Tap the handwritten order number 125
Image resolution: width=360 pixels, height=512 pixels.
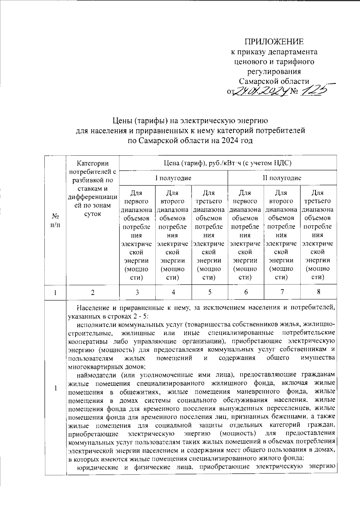(314, 90)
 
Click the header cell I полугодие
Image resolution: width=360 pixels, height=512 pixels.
(173, 178)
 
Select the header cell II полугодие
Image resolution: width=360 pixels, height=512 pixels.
(282, 178)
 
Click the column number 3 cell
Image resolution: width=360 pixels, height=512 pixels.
(137, 292)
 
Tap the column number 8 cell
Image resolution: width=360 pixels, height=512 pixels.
(318, 292)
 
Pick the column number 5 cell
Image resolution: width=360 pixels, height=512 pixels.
(210, 292)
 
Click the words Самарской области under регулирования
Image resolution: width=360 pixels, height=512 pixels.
(274, 81)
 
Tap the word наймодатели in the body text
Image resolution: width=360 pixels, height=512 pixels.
(96, 375)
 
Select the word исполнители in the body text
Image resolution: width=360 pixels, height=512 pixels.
(96, 325)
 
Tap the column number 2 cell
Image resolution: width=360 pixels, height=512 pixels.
(93, 292)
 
